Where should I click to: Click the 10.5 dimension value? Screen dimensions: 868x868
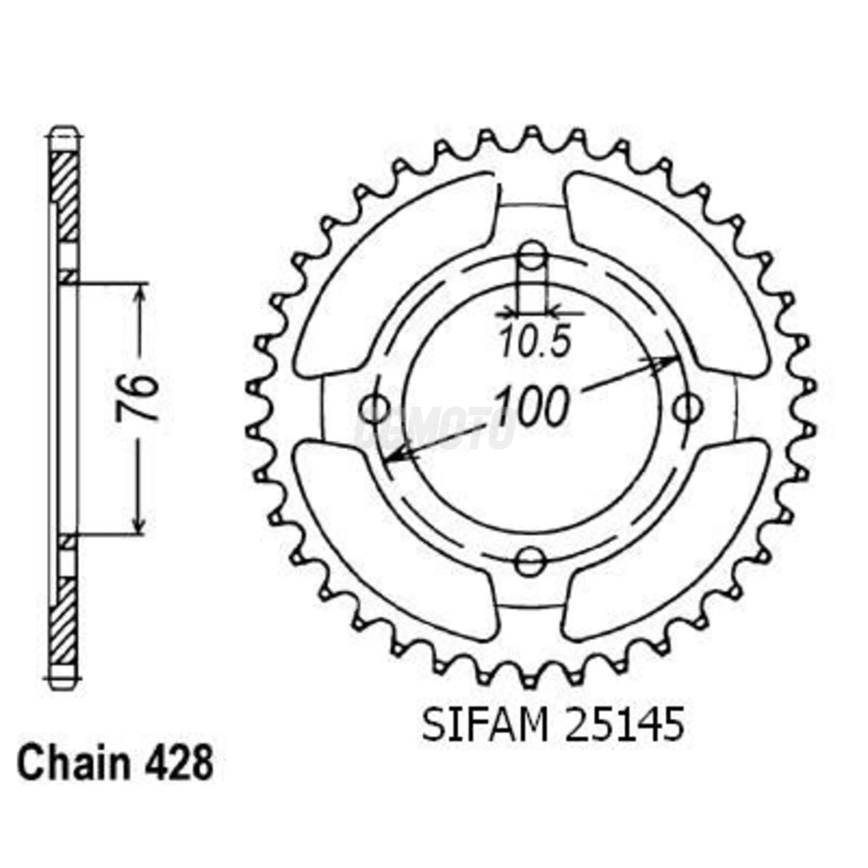534,343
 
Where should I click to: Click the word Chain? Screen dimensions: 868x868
73,763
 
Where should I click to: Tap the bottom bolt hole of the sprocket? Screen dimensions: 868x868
531,561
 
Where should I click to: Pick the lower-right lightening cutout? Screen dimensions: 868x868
666,539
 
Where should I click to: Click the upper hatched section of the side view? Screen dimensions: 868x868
64,195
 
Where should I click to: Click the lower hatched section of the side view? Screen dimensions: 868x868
64,620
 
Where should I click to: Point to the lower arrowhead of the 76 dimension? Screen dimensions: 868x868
141,524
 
